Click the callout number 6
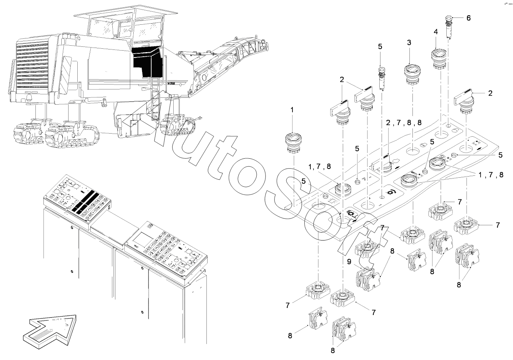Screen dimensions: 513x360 tap(468, 18)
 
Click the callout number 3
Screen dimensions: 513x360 tap(409, 43)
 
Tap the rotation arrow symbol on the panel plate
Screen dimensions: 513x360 tap(390, 193)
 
